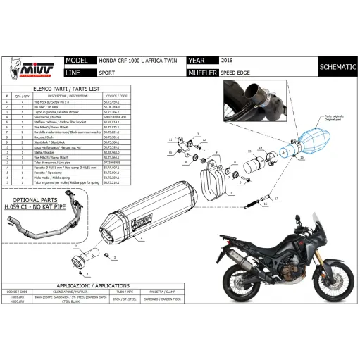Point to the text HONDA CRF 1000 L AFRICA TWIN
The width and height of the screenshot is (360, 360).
136,61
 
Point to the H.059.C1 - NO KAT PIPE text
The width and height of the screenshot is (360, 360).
33,209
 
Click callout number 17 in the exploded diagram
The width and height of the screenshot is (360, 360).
276,199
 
